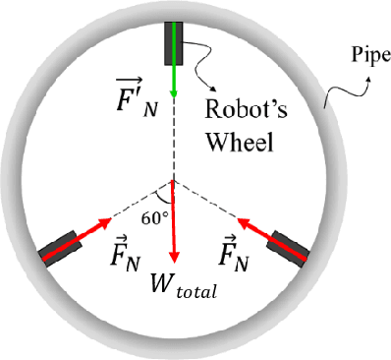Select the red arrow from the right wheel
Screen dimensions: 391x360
249,225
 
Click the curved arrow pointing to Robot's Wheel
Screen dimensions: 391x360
204,79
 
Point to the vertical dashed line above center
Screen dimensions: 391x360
174,138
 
